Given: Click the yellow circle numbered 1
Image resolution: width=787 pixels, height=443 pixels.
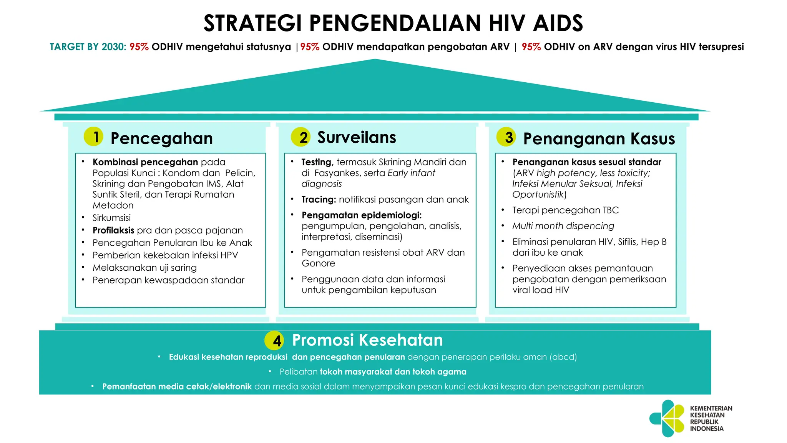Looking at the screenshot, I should (93, 137).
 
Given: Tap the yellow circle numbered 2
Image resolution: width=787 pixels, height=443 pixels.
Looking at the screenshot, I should (301, 137).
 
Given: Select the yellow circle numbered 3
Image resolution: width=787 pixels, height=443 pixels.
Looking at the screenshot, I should (506, 137).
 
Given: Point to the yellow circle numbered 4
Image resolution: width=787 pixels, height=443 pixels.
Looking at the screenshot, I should (274, 340).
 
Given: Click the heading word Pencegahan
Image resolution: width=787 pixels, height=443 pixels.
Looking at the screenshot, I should (161, 138).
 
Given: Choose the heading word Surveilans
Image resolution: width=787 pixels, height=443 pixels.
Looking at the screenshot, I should (356, 137).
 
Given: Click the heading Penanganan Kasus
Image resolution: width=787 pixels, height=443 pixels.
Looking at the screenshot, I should (599, 138).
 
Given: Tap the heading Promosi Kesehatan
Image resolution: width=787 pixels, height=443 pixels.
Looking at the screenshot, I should (367, 340).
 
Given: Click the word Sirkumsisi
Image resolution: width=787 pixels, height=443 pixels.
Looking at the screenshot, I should (111, 218).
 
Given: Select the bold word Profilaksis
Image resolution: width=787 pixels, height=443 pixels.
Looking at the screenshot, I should (113, 230).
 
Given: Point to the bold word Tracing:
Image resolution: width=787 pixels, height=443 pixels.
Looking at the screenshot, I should (319, 200).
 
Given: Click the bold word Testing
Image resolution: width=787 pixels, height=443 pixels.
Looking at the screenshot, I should (316, 162).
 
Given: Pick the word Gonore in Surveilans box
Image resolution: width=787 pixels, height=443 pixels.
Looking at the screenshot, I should (318, 263).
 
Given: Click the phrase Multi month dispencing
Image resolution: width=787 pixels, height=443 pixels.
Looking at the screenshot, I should (563, 226).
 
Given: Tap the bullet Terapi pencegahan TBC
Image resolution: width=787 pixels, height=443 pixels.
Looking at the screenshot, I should (565, 210).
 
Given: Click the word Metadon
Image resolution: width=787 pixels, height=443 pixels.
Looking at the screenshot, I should (113, 205).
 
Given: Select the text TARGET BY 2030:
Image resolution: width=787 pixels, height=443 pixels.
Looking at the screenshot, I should (88, 47).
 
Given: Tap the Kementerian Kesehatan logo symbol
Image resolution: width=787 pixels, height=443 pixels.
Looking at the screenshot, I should (667, 418).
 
